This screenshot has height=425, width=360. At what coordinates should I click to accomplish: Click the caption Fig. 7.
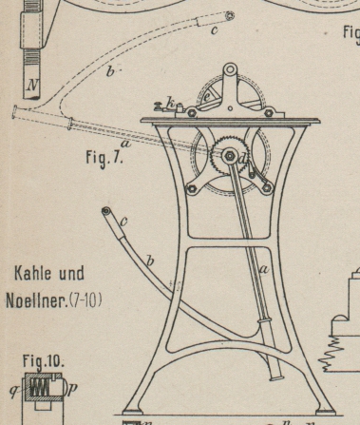coord(104,158)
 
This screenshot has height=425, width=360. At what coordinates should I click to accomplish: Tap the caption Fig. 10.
coord(43,361)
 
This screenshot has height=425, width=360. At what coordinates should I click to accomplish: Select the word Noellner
coord(37,300)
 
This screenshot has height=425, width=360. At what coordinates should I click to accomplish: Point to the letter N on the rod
coord(32,85)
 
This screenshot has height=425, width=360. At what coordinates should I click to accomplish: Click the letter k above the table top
coord(171,103)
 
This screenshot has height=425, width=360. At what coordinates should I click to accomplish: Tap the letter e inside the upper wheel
coord(206,97)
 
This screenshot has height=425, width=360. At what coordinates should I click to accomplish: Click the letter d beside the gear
coord(242,160)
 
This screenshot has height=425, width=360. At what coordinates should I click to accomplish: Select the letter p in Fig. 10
coord(72,389)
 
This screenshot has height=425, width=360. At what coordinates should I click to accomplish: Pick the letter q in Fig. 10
coord(14,391)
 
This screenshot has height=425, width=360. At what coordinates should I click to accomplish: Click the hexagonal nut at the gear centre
coord(229,156)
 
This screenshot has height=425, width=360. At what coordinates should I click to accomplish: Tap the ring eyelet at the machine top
coord(230,69)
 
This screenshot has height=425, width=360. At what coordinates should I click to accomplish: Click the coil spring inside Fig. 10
coord(40,388)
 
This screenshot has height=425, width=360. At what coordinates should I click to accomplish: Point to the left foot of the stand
coord(132,411)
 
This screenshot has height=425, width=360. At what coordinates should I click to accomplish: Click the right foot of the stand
coord(326,411)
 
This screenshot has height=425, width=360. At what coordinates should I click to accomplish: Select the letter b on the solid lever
coord(150,261)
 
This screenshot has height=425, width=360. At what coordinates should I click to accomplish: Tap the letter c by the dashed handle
coord(215,29)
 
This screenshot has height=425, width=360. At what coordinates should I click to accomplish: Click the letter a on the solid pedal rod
coord(264,270)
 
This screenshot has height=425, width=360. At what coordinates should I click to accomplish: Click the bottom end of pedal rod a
coord(276,377)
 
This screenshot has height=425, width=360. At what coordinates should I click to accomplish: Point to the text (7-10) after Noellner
coord(85,300)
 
